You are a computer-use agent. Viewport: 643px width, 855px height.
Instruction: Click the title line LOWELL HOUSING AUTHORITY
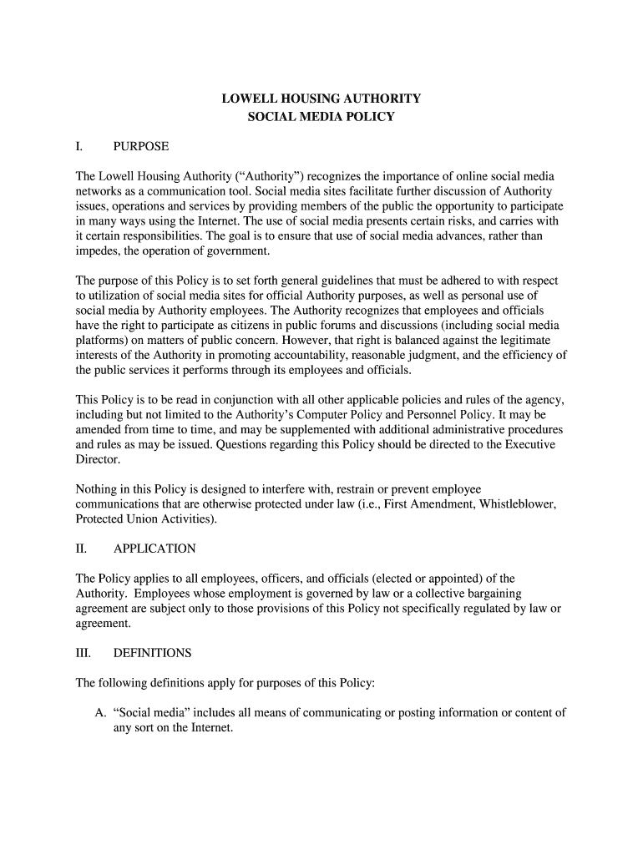[x=321, y=99]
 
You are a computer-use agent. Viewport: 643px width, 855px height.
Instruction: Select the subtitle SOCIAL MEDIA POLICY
[x=321, y=117]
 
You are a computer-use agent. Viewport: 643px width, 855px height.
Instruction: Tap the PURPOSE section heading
[x=141, y=146]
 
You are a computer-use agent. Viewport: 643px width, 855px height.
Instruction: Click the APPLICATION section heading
[x=154, y=549]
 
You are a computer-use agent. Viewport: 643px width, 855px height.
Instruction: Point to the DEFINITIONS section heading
[x=152, y=653]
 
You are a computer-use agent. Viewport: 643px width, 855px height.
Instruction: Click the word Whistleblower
[x=518, y=504]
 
